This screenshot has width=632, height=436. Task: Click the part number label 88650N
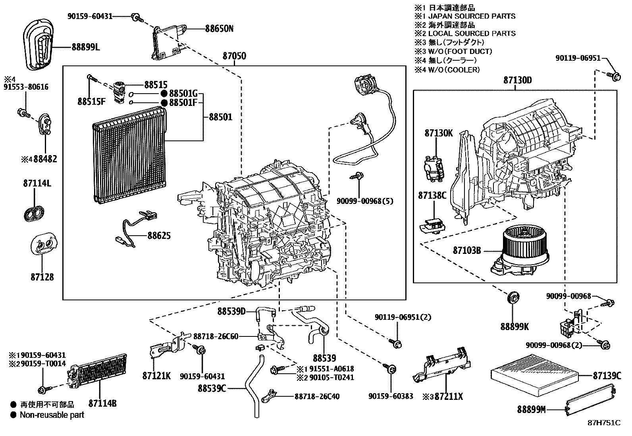pyautogui.click(x=219, y=29)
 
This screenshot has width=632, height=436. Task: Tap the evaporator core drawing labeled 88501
pyautogui.click(x=129, y=155)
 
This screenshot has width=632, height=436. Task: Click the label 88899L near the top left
pyautogui.click(x=86, y=47)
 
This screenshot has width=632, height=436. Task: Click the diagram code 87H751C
pyautogui.click(x=604, y=423)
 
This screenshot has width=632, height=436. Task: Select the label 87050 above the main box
pyautogui.click(x=234, y=56)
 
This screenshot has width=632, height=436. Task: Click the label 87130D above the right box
pyautogui.click(x=517, y=81)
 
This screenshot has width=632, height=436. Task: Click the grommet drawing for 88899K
pyautogui.click(x=514, y=298)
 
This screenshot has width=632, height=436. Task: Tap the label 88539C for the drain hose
pyautogui.click(x=212, y=388)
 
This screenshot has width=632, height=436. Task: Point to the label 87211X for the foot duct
pyautogui.click(x=448, y=396)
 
